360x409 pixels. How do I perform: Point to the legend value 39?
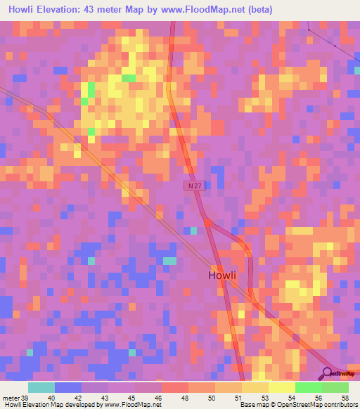point(25,398)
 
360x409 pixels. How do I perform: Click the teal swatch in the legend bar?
point(41,387)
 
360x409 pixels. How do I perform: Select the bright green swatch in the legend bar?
point(308,387)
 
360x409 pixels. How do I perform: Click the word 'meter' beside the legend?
point(10,398)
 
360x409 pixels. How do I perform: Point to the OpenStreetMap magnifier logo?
point(328,373)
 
